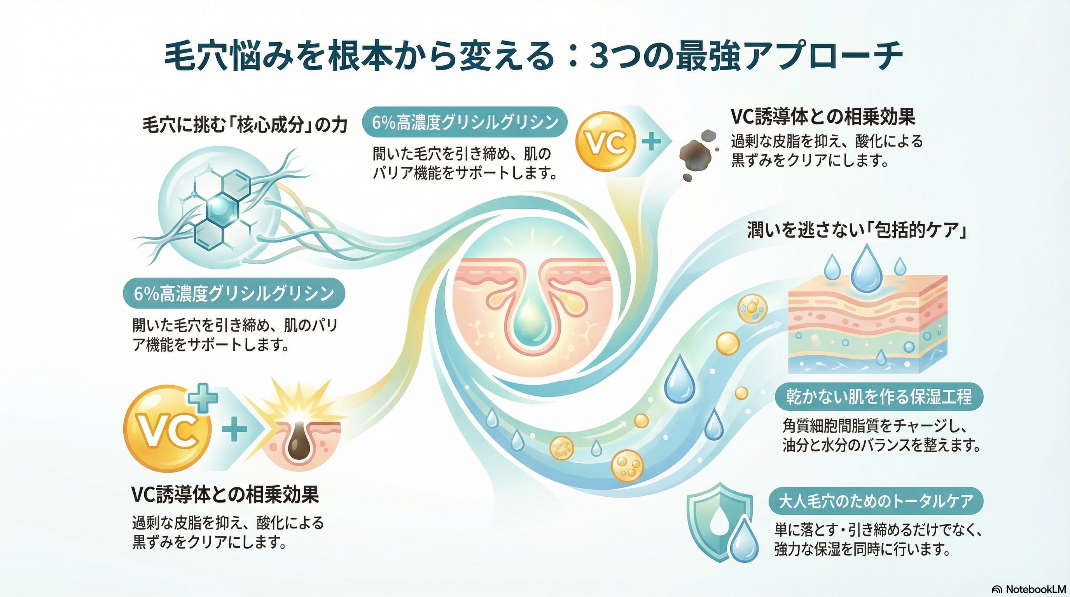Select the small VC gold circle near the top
click(x=606, y=142)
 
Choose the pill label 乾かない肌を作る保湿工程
click(x=879, y=397)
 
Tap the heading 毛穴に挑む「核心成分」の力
click(x=245, y=126)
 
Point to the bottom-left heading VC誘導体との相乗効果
click(x=225, y=494)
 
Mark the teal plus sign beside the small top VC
click(x=651, y=142)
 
